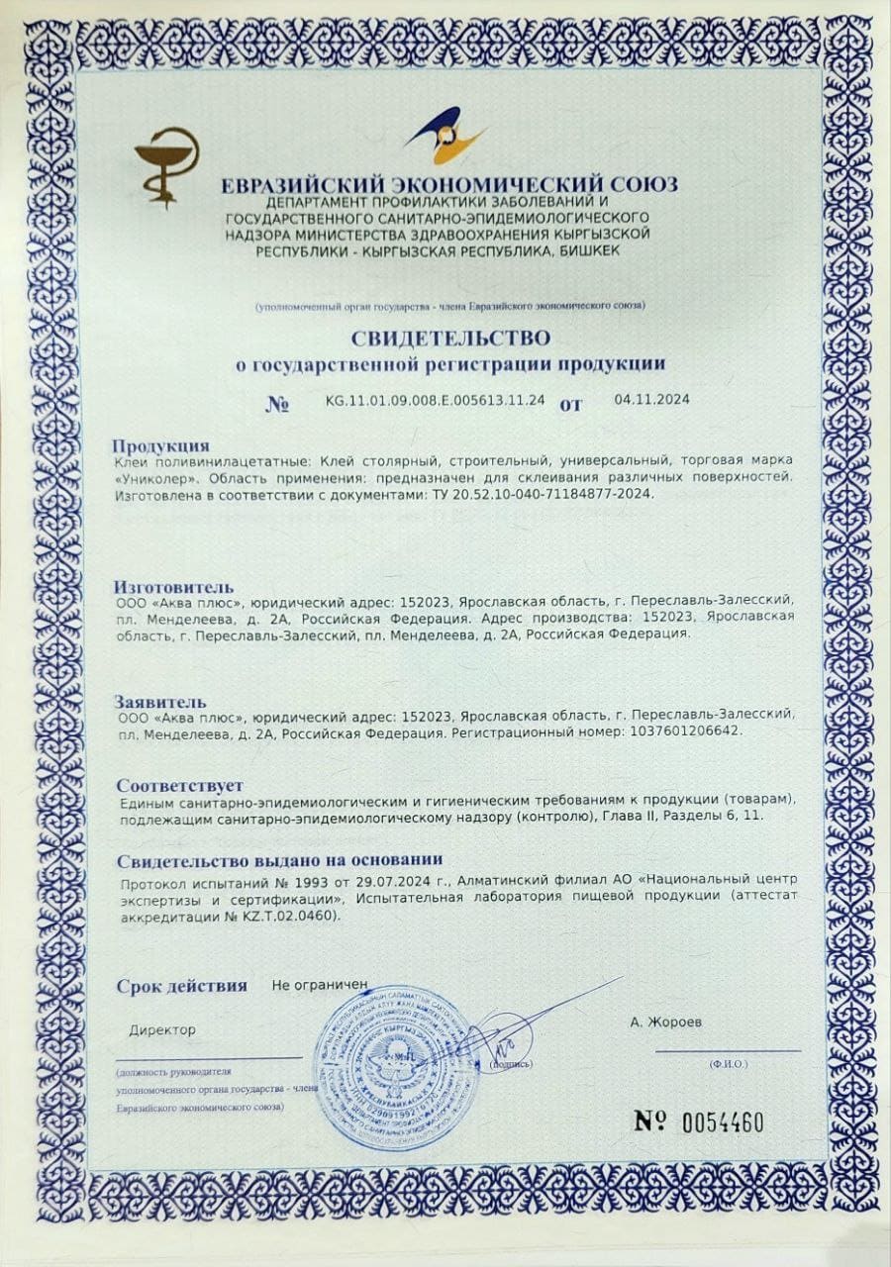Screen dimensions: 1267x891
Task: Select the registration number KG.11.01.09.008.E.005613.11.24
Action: (x=436, y=401)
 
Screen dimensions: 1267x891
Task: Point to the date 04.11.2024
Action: (x=651, y=400)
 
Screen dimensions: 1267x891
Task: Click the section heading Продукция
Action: (x=160, y=445)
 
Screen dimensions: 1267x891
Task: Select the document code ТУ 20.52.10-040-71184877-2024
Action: (x=550, y=493)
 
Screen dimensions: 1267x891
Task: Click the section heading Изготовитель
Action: (x=174, y=584)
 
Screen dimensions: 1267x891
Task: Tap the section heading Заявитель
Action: (x=161, y=700)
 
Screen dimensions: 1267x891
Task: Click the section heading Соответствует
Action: (x=179, y=785)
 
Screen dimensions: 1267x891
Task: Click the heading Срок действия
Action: (x=181, y=986)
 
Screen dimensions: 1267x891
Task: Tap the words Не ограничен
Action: (x=320, y=986)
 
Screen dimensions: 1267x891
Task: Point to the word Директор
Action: (x=162, y=1029)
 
